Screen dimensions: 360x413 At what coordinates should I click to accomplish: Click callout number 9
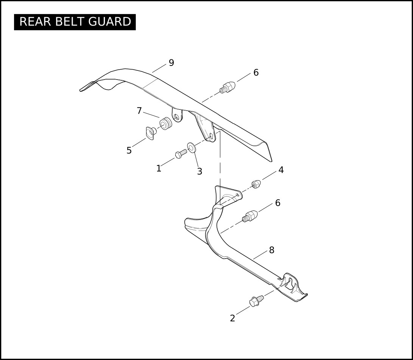coord(171,63)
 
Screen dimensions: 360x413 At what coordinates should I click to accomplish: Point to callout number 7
coord(139,111)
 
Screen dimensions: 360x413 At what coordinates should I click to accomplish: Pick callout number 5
coord(129,151)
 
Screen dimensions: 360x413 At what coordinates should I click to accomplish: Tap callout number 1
coord(159,169)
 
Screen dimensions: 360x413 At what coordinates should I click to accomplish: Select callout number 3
coord(199,171)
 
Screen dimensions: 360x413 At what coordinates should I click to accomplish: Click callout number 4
coord(281,170)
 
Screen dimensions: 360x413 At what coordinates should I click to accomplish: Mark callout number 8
coord(271,250)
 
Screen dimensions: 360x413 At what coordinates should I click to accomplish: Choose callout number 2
coord(232,319)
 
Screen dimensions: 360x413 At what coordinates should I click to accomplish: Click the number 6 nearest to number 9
coord(256,73)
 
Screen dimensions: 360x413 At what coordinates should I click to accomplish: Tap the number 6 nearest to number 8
coord(277,203)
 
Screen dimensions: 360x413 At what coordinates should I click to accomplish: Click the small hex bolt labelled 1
coord(181,153)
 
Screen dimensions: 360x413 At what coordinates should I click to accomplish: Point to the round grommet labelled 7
coord(164,124)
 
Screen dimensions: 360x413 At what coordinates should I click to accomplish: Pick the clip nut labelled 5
coord(151,133)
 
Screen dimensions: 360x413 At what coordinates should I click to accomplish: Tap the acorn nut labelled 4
coord(256,184)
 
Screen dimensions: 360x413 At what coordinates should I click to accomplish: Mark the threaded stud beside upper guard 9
coord(227,88)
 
